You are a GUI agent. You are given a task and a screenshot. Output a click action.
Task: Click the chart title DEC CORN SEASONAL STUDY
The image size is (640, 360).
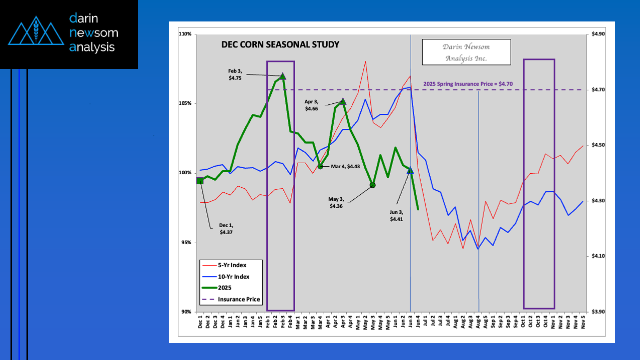click(280, 44)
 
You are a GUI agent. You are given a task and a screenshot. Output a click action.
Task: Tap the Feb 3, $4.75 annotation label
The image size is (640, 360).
click(235, 75)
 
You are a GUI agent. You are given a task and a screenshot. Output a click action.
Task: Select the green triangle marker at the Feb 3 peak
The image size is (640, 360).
click(283, 76)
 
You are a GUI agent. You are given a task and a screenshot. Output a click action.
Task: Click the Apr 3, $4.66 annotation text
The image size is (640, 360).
click(311, 105)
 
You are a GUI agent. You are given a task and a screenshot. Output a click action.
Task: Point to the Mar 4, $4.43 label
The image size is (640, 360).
click(342, 166)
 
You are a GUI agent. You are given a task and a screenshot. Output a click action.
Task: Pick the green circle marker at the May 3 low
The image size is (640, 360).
click(372, 185)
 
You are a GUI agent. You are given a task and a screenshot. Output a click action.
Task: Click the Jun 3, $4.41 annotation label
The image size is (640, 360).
click(397, 215)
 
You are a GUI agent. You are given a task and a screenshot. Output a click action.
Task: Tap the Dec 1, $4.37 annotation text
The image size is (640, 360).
click(226, 229)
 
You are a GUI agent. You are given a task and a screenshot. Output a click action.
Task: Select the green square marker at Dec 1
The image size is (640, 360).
click(200, 181)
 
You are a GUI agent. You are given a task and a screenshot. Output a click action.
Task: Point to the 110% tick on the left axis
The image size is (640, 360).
click(185, 34)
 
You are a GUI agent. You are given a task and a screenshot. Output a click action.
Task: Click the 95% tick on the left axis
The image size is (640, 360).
click(186, 242)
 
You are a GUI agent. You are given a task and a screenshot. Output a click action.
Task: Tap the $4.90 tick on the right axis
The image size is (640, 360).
click(598, 34)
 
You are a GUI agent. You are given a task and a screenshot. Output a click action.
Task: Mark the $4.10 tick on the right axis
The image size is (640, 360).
click(598, 256)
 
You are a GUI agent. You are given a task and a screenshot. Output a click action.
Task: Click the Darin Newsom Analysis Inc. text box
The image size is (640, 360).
click(466, 52)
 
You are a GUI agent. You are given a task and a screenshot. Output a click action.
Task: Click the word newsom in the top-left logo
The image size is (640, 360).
click(94, 33)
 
